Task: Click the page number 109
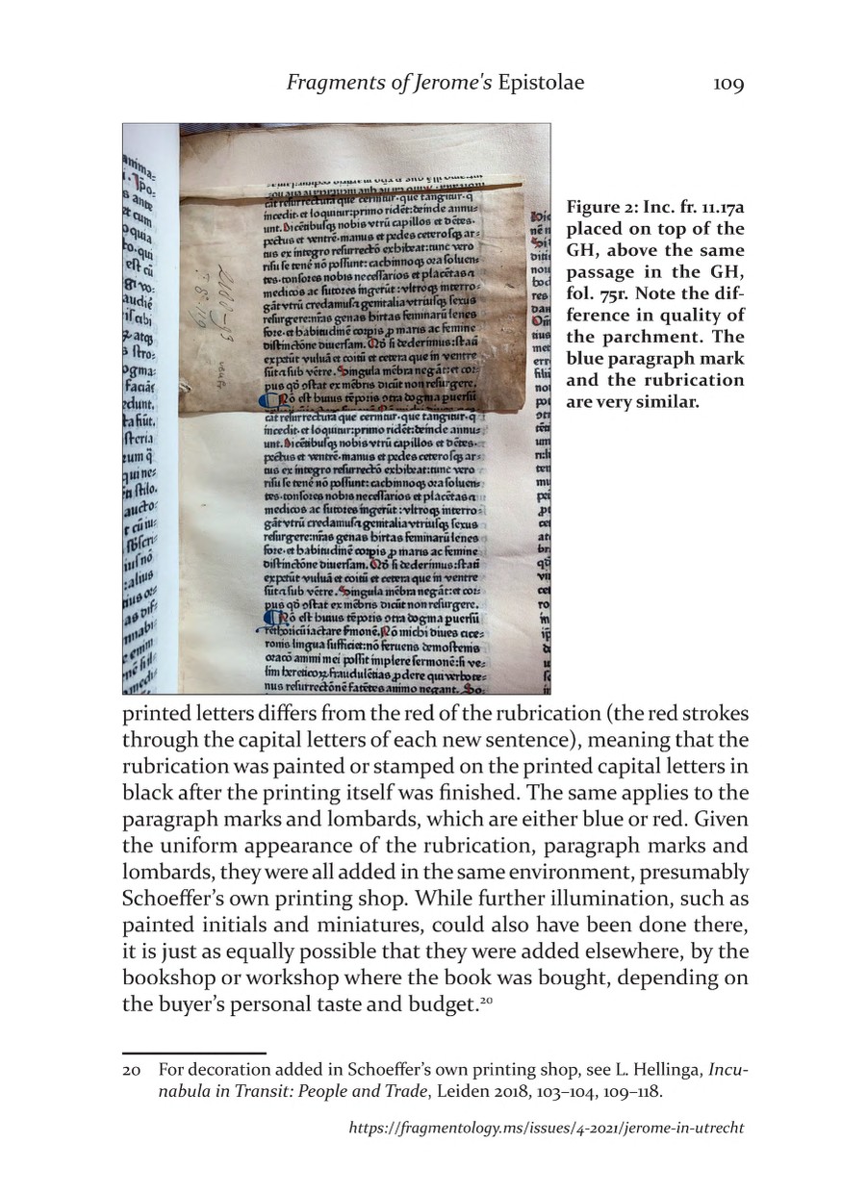728,85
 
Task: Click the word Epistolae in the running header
540,85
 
